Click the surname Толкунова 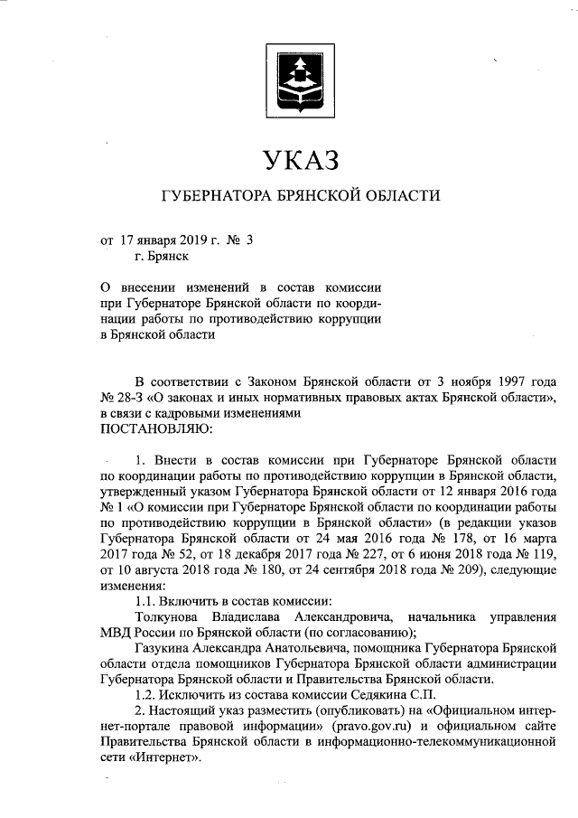[172, 616]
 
